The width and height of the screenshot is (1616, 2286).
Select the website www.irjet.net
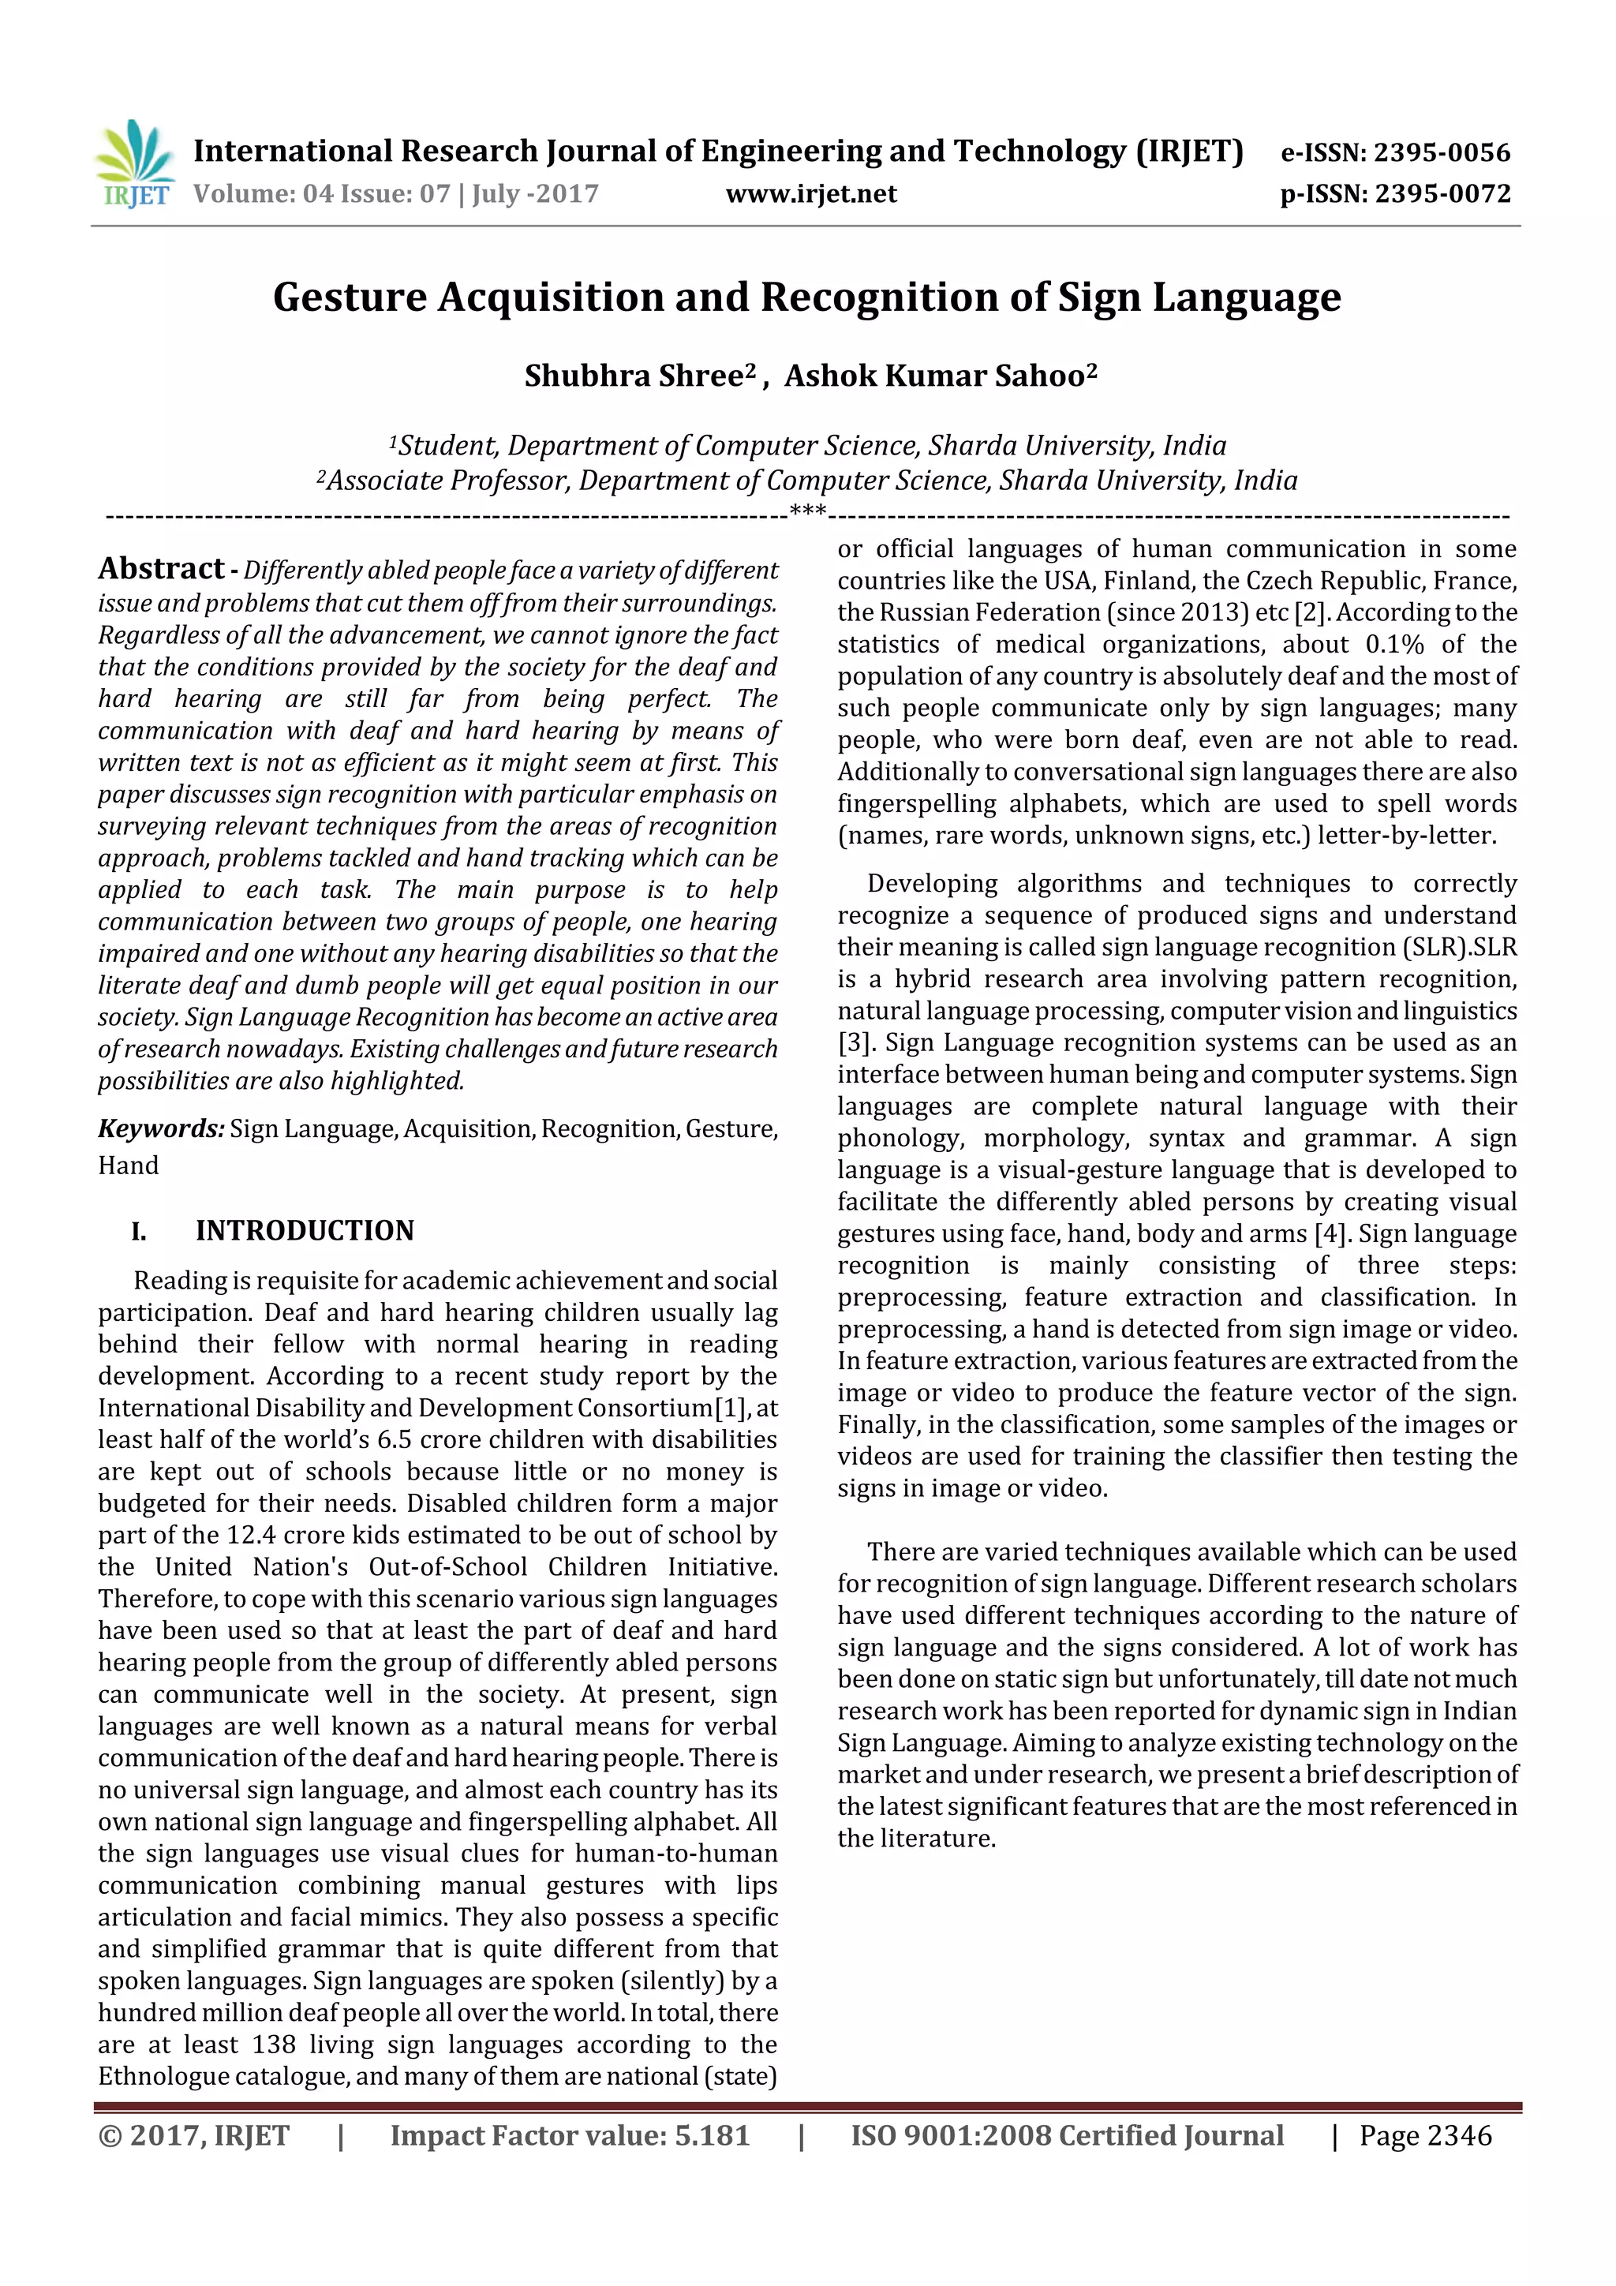(x=810, y=193)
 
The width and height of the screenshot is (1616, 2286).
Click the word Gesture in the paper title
(x=350, y=297)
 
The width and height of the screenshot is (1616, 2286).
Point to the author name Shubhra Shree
(x=634, y=376)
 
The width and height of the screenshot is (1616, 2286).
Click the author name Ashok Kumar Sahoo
(x=934, y=376)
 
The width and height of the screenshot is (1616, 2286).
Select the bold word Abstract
(x=160, y=568)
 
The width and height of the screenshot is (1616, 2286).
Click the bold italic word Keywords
(x=160, y=1128)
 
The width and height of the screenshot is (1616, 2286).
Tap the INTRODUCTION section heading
(x=304, y=1231)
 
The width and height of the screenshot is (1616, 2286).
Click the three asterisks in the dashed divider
(x=807, y=512)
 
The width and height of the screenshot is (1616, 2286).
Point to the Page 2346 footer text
(x=1425, y=2135)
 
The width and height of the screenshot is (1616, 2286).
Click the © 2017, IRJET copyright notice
(x=193, y=2135)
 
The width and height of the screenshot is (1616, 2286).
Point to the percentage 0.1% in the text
(x=1395, y=644)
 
